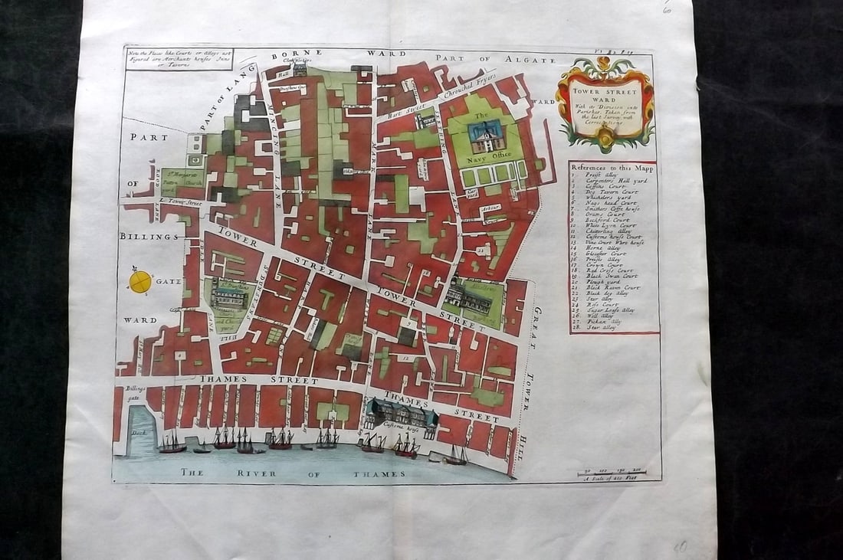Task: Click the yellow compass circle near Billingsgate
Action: click(x=140, y=282)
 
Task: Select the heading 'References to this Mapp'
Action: click(x=612, y=167)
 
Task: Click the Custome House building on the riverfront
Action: click(x=401, y=414)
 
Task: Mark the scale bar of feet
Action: click(x=612, y=471)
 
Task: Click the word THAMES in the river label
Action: click(x=380, y=474)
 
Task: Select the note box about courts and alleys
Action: click(x=179, y=58)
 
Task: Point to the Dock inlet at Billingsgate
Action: click(x=140, y=434)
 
